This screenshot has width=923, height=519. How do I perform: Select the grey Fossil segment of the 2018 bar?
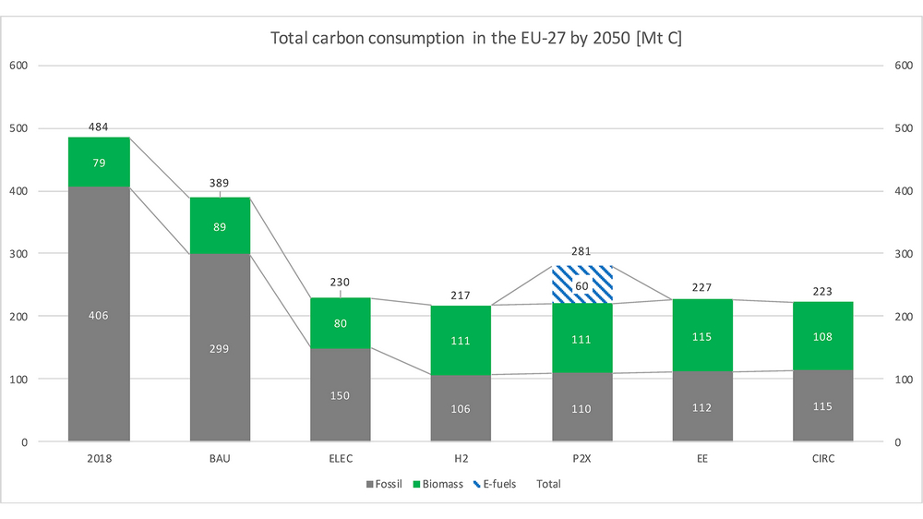99,315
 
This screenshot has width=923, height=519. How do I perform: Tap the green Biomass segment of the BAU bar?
220,225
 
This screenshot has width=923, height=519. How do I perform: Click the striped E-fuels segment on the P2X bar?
581,284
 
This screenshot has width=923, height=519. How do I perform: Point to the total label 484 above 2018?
99,126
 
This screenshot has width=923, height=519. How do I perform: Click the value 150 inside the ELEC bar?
341,395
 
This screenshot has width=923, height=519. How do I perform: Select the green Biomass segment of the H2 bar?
461,340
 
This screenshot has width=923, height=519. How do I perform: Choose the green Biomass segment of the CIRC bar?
822,336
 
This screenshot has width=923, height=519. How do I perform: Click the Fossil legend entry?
389,484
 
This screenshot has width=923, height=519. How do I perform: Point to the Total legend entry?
548,484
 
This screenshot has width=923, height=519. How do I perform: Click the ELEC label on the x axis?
341,458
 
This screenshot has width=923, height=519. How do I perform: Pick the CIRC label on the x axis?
822,458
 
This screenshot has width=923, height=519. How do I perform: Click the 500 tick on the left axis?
18,128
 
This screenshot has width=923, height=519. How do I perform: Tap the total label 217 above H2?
461,296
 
